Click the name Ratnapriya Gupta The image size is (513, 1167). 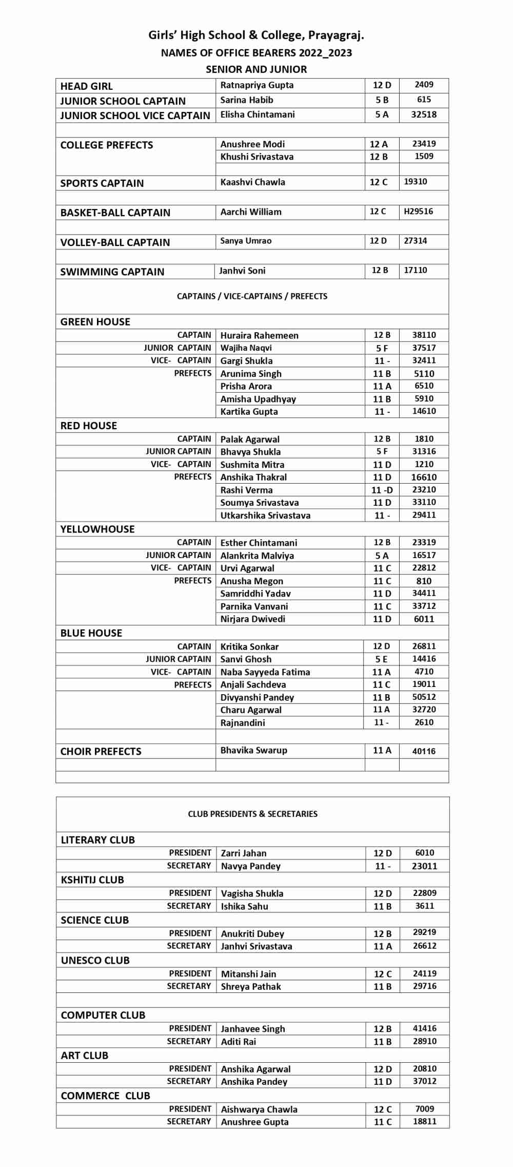pyautogui.click(x=257, y=85)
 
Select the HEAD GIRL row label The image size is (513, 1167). pyautogui.click(x=86, y=86)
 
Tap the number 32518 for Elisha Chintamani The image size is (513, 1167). pyautogui.click(x=424, y=114)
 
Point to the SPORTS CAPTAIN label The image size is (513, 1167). pyautogui.click(x=102, y=183)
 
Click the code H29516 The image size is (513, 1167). pyautogui.click(x=418, y=212)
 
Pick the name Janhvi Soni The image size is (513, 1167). pyautogui.click(x=242, y=271)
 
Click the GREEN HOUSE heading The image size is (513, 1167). pyautogui.click(x=95, y=322)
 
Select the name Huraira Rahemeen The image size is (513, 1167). pyautogui.click(x=259, y=335)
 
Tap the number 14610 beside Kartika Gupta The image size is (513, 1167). pyautogui.click(x=424, y=411)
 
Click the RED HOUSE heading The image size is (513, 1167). pyautogui.click(x=89, y=426)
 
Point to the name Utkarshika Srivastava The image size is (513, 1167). pyautogui.click(x=265, y=515)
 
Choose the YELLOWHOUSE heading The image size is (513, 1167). pyautogui.click(x=97, y=529)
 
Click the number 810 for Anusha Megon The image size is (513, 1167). pyautogui.click(x=424, y=581)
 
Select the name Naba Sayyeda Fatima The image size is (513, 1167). pyautogui.click(x=265, y=672)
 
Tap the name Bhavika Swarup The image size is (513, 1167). pyautogui.click(x=254, y=750)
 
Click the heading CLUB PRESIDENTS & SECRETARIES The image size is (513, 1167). pyautogui.click(x=253, y=814)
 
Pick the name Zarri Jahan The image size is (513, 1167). pyautogui.click(x=244, y=853)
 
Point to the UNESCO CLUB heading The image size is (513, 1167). pyautogui.click(x=95, y=960)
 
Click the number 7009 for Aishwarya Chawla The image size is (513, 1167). pyautogui.click(x=425, y=1108)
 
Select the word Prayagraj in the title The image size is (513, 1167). pyautogui.click(x=336, y=35)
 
